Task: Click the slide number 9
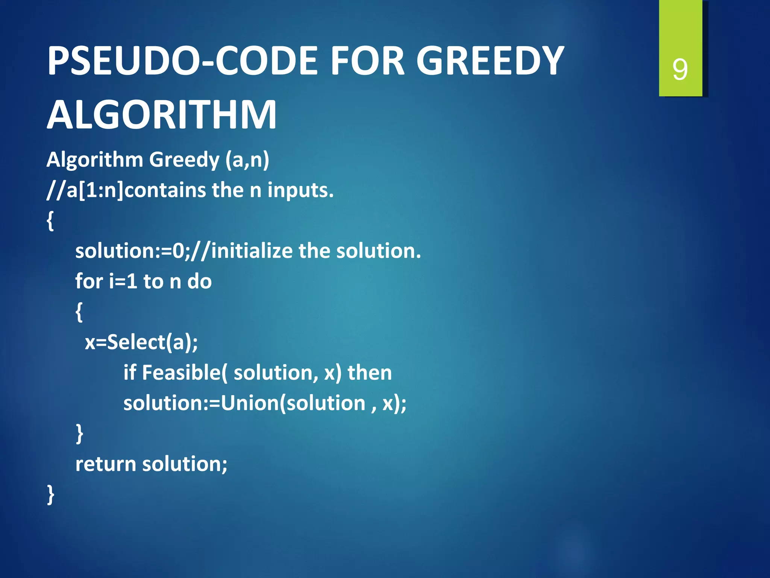tap(680, 70)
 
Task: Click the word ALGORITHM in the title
tap(162, 115)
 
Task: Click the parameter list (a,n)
tap(247, 160)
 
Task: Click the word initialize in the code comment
tap(252, 251)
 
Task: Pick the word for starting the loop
tap(89, 281)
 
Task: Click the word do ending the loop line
tap(199, 281)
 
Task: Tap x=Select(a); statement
tap(141, 342)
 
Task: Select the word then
tap(370, 373)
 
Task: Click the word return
tap(106, 464)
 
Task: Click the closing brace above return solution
tap(79, 433)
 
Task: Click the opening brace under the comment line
tap(50, 221)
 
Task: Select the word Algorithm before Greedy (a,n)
tap(95, 160)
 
